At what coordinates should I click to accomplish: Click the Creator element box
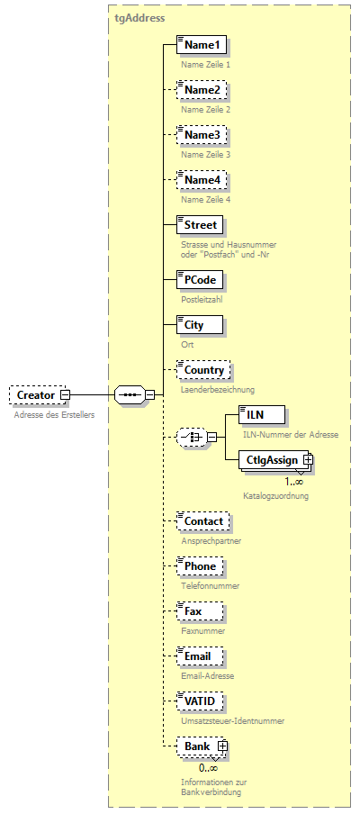click(36, 394)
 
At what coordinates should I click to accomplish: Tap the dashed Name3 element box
click(202, 135)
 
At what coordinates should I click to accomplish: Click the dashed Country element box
click(203, 370)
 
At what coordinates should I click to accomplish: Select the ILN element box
click(262, 414)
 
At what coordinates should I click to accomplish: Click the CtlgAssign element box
click(272, 460)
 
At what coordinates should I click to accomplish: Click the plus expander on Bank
click(222, 746)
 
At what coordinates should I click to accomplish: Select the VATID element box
click(200, 701)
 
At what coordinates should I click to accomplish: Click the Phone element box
click(200, 566)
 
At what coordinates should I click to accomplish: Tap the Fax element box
click(193, 611)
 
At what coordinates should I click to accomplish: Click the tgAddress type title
click(139, 17)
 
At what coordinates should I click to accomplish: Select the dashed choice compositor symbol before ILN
click(191, 438)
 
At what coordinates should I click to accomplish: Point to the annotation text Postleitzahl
click(202, 299)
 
